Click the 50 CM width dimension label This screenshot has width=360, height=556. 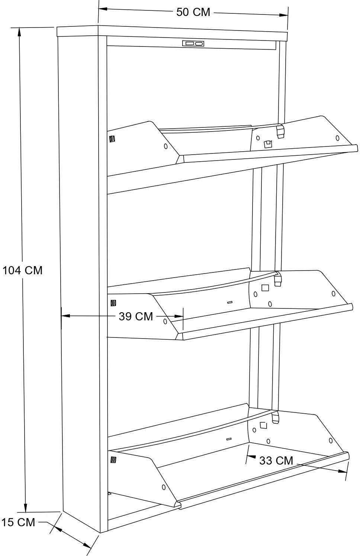(193, 12)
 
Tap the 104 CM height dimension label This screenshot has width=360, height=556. (23, 270)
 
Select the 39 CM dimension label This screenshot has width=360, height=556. (136, 316)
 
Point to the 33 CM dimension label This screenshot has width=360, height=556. (276, 460)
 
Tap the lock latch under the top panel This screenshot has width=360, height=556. (193, 44)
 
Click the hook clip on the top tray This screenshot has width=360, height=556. (280, 131)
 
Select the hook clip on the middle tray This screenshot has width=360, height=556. (277, 279)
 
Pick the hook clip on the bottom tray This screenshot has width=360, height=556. (275, 417)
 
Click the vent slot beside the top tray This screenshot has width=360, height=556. (112, 139)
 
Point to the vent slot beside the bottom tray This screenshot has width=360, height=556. (113, 460)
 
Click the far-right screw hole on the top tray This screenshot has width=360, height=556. (337, 138)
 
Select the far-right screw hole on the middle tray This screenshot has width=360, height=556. (334, 294)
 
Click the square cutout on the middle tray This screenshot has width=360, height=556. (265, 288)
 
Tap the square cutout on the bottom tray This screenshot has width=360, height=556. (263, 425)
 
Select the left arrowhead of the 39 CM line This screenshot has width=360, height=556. (66, 316)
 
